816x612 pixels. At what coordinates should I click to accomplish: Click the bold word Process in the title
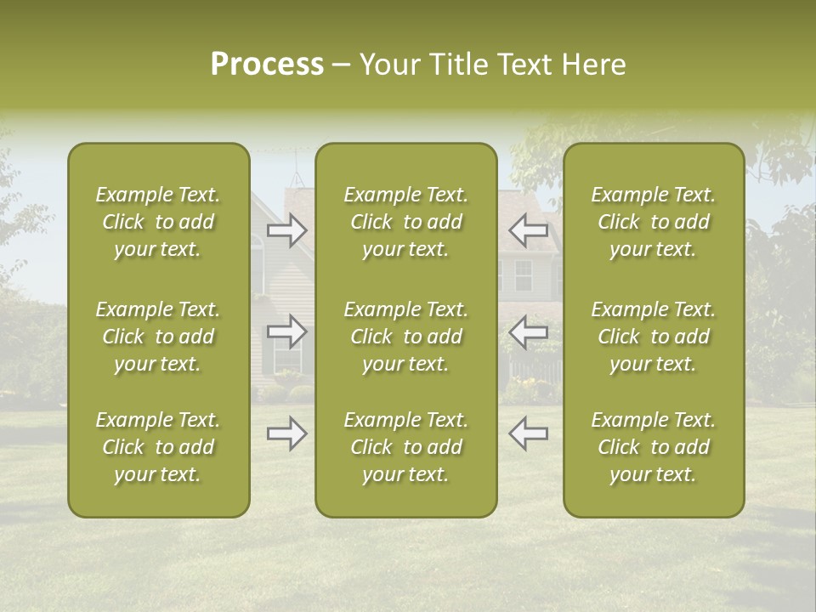pos(267,65)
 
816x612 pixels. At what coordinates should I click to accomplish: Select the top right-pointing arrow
pos(287,230)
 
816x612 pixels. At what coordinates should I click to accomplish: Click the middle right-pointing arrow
pos(287,331)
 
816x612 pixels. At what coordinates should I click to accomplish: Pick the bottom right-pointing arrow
pos(287,433)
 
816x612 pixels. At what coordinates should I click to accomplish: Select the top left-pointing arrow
pos(528,230)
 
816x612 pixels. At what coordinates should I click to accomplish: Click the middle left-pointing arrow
pos(528,331)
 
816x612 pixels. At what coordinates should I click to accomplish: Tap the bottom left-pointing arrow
pos(528,433)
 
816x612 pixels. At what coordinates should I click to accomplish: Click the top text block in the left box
pos(158,222)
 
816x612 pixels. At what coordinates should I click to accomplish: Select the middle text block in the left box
pos(158,337)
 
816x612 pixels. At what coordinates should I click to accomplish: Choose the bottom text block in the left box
pos(158,447)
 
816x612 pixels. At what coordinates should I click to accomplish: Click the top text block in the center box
pos(405,222)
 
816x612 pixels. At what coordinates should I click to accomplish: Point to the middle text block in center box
pos(405,337)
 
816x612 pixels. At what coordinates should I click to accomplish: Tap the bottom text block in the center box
pos(405,447)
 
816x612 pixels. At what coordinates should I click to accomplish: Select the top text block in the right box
pos(653,222)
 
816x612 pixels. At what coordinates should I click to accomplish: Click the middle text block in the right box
pos(653,337)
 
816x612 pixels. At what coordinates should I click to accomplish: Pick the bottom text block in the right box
pos(653,447)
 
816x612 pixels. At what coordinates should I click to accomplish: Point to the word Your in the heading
pos(388,65)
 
